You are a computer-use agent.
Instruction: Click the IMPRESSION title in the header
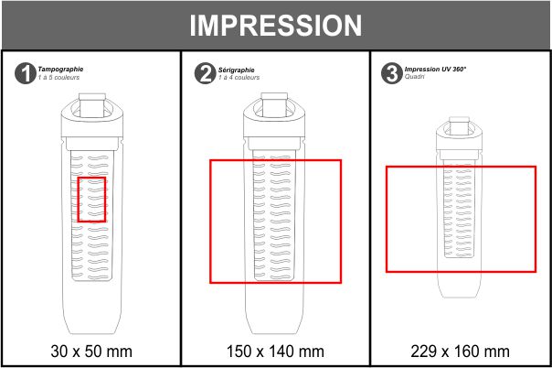pyautogui.click(x=276, y=26)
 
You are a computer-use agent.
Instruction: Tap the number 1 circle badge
pyautogui.click(x=25, y=73)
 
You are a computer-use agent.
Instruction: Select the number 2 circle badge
pyautogui.click(x=205, y=73)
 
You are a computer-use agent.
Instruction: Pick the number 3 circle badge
pyautogui.click(x=391, y=73)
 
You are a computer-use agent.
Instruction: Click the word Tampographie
pyautogui.click(x=60, y=69)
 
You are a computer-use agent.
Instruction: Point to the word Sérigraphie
pyautogui.click(x=236, y=70)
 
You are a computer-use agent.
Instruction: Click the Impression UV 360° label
pyautogui.click(x=435, y=69)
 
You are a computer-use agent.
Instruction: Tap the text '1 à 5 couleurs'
pyautogui.click(x=58, y=77)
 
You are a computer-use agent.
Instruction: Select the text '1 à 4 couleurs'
pyautogui.click(x=239, y=77)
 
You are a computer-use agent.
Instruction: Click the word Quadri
pyautogui.click(x=415, y=77)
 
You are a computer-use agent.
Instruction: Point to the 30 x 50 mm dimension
pyautogui.click(x=91, y=352)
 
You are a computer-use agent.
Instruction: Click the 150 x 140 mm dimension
pyautogui.click(x=275, y=352)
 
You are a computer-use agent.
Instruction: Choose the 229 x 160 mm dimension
pyautogui.click(x=460, y=352)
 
